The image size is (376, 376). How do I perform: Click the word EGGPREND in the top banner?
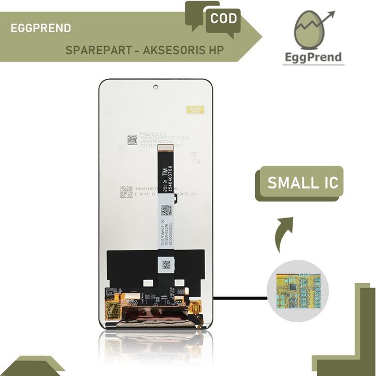click(x=41, y=28)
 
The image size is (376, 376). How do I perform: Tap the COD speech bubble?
click(x=224, y=19)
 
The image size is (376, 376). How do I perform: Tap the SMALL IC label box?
click(x=302, y=183)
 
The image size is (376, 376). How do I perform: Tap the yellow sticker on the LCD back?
click(x=195, y=110)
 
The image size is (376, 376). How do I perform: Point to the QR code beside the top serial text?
click(x=133, y=140)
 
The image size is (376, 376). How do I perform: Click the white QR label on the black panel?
click(x=167, y=264)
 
